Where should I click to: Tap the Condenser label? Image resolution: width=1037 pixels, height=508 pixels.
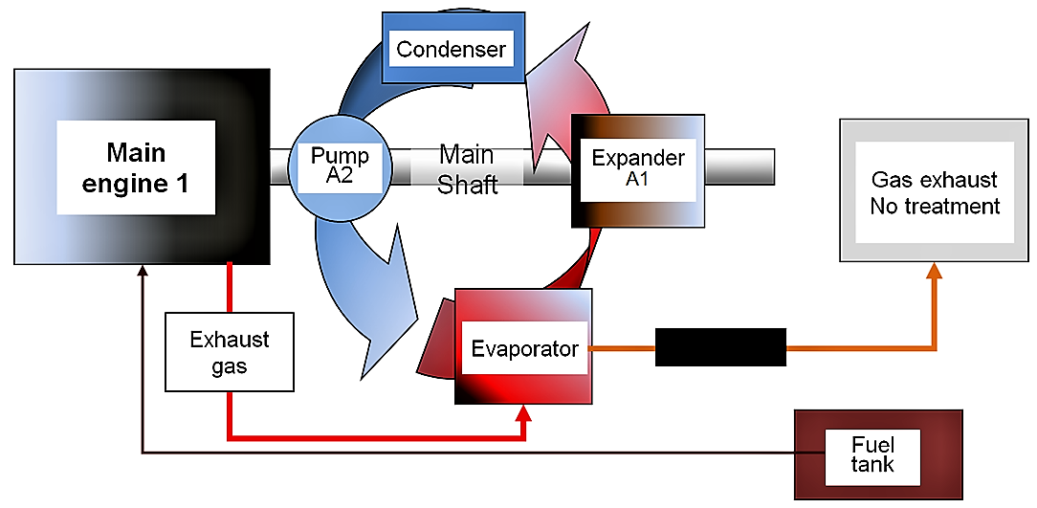(451, 49)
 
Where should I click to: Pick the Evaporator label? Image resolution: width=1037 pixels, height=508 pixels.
(525, 348)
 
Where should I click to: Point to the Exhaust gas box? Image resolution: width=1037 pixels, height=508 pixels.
(229, 352)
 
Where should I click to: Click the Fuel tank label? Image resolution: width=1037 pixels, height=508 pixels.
(872, 453)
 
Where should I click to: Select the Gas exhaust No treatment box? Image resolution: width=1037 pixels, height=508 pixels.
(935, 191)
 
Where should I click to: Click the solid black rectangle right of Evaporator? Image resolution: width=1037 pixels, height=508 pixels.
(719, 347)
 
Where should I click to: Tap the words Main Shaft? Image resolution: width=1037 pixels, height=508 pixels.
(467, 169)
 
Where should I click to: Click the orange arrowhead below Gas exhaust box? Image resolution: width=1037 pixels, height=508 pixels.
(935, 272)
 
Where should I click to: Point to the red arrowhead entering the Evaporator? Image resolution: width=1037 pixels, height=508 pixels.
(523, 414)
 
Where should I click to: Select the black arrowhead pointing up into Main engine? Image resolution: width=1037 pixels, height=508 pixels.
(143, 274)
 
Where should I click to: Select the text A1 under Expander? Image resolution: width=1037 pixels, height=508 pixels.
(636, 179)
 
